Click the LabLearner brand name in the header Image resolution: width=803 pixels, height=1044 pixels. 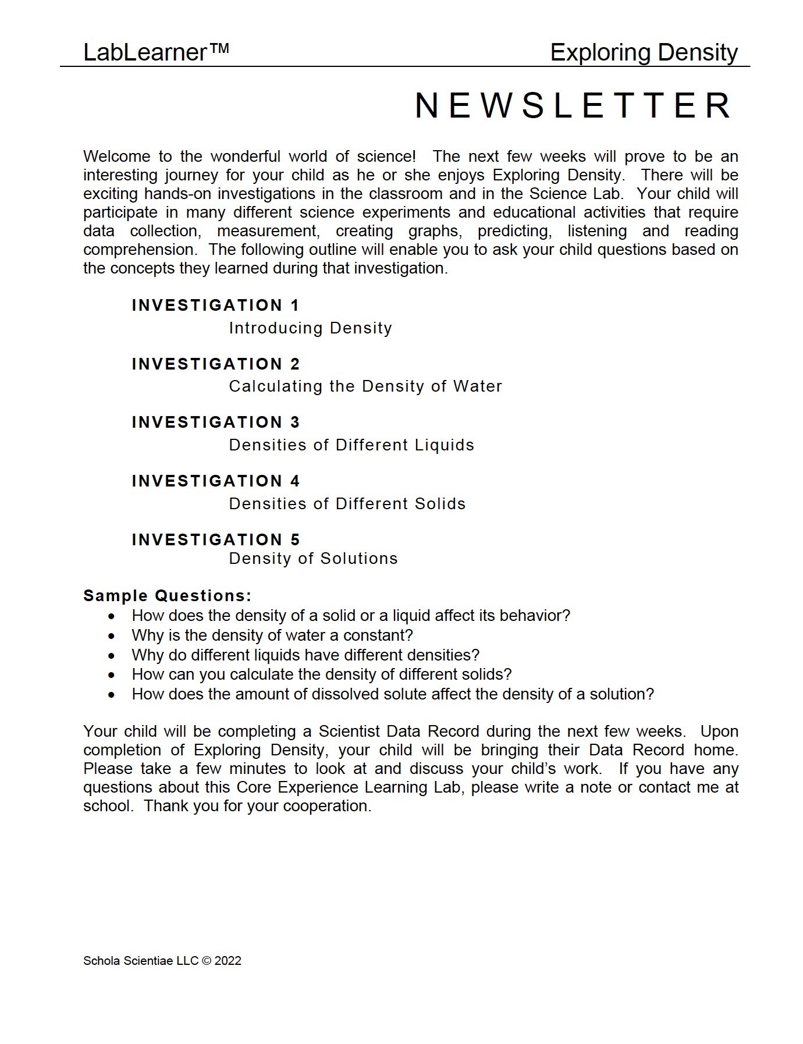(x=145, y=52)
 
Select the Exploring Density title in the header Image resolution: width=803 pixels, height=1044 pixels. (x=644, y=52)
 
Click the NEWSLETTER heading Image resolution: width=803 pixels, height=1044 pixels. (x=573, y=106)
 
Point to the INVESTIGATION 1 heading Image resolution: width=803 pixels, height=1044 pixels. (x=215, y=306)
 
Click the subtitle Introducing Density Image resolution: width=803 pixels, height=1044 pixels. (x=310, y=328)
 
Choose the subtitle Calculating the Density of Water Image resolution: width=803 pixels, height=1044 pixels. (x=365, y=386)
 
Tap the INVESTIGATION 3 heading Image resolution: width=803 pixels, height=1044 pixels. (x=215, y=422)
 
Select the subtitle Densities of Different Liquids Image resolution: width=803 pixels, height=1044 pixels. (x=351, y=445)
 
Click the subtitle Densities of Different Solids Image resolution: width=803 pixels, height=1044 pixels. (x=347, y=504)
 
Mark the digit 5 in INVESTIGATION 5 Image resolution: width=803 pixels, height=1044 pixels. (x=295, y=540)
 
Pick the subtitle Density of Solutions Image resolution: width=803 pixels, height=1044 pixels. (x=313, y=559)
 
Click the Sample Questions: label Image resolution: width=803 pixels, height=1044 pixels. (x=167, y=596)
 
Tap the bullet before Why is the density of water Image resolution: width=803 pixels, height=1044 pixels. (x=111, y=636)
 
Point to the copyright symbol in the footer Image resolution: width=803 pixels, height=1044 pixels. (x=207, y=961)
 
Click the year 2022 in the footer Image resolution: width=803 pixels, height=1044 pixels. (x=228, y=961)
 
